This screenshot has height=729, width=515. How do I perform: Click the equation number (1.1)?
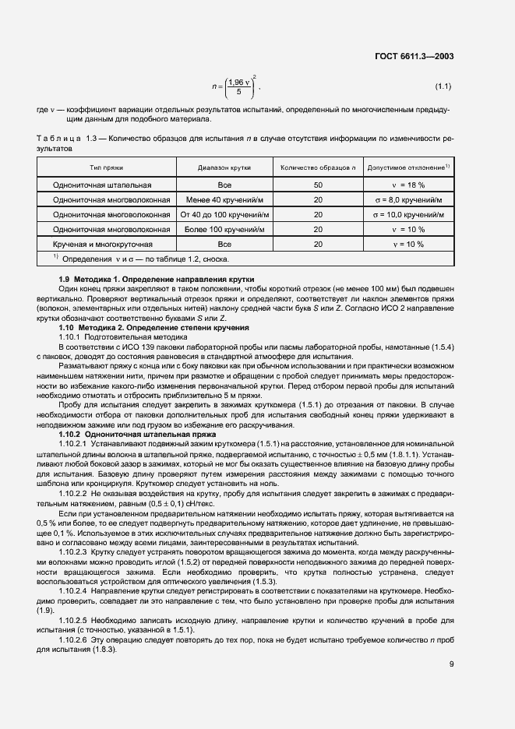tap(443, 86)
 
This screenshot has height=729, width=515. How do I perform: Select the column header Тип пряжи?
tap(105, 167)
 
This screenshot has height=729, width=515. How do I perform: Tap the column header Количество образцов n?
tap(318, 167)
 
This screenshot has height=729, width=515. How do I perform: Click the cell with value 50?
tap(318, 185)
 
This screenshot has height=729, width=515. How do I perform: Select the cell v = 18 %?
tap(407, 185)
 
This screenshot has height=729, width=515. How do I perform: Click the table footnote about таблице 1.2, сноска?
tap(140, 259)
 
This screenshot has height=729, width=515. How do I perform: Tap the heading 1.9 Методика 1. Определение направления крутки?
tap(157, 280)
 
